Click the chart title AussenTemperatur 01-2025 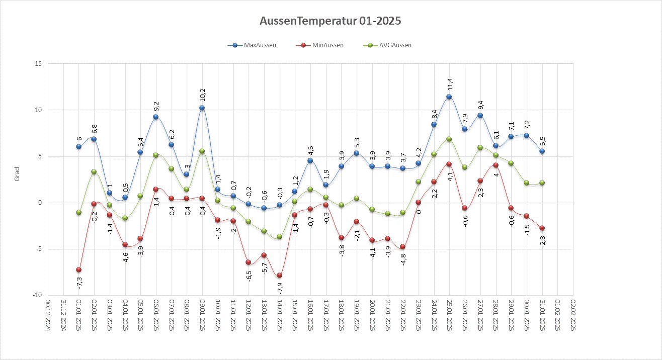(330, 21)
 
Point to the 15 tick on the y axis (38, 64)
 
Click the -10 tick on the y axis (37, 295)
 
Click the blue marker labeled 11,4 (449, 97)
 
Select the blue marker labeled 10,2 (202, 108)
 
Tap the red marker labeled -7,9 (279, 276)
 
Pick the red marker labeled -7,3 (78, 270)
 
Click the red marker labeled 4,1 (449, 164)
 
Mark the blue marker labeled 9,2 (156, 117)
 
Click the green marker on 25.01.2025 (449, 139)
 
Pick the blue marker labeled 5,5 (542, 151)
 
